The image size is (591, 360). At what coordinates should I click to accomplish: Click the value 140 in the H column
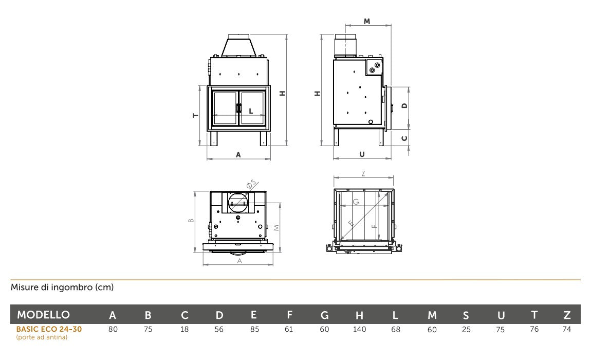pyautogui.click(x=359, y=329)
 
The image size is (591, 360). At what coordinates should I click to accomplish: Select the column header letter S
pyautogui.click(x=466, y=315)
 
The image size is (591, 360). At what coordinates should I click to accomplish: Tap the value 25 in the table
pyautogui.click(x=466, y=329)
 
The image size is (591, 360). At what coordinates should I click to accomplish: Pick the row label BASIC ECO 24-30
pyautogui.click(x=49, y=329)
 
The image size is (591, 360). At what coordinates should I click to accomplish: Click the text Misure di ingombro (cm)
pyautogui.click(x=62, y=287)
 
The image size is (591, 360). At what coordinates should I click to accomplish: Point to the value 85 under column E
pyautogui.click(x=254, y=329)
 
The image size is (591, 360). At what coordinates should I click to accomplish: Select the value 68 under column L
pyautogui.click(x=395, y=329)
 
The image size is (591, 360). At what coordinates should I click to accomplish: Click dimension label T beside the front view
pyautogui.click(x=195, y=116)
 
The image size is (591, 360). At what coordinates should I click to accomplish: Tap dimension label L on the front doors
pyautogui.click(x=251, y=111)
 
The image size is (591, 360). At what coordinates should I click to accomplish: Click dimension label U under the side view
pyautogui.click(x=362, y=154)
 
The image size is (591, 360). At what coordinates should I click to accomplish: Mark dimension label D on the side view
pyautogui.click(x=405, y=105)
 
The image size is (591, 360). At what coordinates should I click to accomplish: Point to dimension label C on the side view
pyautogui.click(x=405, y=138)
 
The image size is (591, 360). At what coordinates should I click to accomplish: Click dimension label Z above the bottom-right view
pyautogui.click(x=363, y=174)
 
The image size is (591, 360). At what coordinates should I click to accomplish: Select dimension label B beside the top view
pyautogui.click(x=191, y=221)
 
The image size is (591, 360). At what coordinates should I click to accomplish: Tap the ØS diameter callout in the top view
pyautogui.click(x=251, y=184)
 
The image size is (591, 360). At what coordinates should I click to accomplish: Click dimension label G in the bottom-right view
pyautogui.click(x=356, y=202)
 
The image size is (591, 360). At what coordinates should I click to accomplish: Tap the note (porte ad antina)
pyautogui.click(x=42, y=337)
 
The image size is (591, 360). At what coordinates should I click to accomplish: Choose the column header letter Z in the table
pyautogui.click(x=567, y=315)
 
